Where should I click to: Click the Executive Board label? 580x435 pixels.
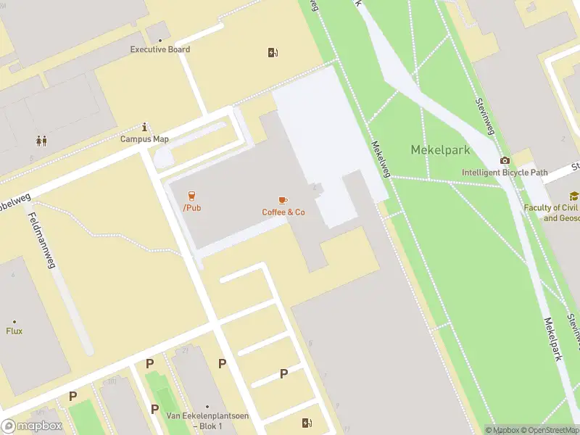click(159, 49)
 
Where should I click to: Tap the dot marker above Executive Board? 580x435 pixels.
click(159, 40)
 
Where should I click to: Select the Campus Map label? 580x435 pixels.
click(144, 139)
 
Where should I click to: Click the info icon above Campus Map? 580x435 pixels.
click(145, 127)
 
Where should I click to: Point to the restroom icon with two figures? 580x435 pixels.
click(41, 141)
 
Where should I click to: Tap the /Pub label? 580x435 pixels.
click(192, 208)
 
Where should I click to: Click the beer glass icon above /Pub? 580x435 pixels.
click(192, 196)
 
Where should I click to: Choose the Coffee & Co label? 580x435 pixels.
click(283, 212)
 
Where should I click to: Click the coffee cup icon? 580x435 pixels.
click(283, 199)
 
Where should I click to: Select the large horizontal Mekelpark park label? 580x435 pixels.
click(441, 150)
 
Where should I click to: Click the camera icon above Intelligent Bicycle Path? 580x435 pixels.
click(505, 160)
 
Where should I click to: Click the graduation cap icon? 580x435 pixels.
click(574, 196)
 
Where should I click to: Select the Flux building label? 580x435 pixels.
click(14, 331)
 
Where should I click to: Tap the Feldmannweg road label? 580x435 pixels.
click(41, 240)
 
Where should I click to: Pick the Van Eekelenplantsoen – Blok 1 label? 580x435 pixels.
click(207, 420)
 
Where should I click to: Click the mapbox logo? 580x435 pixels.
click(31, 426)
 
